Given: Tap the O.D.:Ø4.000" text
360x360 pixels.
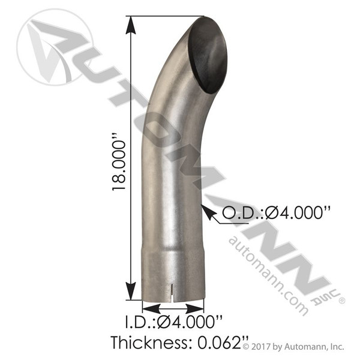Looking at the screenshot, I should pos(278,213).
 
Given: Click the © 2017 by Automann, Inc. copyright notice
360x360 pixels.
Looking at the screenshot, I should pos(293,346).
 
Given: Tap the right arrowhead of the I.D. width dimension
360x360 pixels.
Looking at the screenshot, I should pos(195,308).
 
